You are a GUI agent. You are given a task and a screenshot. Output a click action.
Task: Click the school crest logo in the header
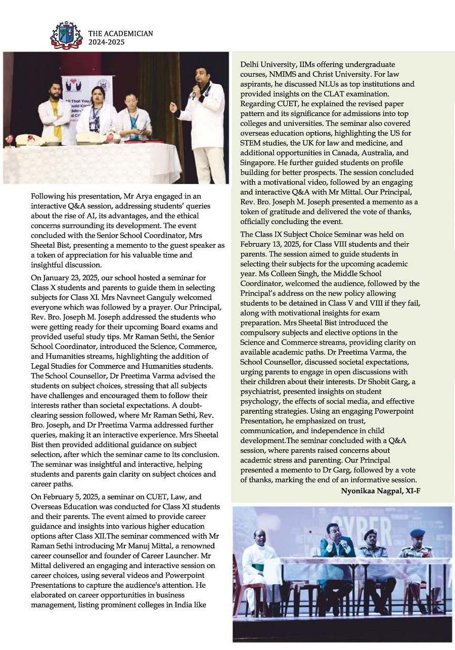[x=66, y=36]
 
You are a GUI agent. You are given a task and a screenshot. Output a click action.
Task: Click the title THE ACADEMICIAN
[x=120, y=34]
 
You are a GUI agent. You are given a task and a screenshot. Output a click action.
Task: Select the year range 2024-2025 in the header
[x=106, y=42]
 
